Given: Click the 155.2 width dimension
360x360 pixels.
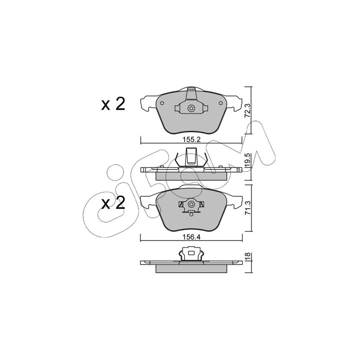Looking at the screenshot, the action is click(191, 139).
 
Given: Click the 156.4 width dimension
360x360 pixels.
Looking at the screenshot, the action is click(191, 236).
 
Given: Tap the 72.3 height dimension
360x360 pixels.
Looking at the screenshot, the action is click(247, 110).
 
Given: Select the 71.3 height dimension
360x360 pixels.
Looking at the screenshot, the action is click(248, 207).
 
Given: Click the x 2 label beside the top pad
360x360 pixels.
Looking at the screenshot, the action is click(113, 104).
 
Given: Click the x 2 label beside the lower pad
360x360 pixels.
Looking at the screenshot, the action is click(113, 203).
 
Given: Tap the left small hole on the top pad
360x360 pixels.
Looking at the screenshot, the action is click(161, 103).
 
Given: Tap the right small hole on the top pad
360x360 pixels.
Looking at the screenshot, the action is click(220, 103).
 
